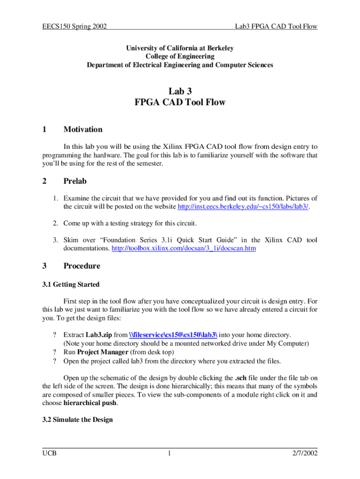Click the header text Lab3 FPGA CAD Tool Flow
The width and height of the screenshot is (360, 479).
[276, 27]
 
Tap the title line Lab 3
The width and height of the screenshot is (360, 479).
[180, 91]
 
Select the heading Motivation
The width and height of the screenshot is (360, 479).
[83, 130]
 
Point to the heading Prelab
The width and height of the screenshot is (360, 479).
[75, 181]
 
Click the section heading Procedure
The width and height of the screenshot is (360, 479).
[82, 266]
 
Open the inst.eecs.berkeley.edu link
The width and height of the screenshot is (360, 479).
[243, 207]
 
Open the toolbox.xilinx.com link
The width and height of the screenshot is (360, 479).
[184, 249]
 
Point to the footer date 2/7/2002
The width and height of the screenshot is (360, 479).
[304, 454]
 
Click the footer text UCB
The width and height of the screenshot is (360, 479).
[49, 454]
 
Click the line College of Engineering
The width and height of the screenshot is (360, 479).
[180, 57]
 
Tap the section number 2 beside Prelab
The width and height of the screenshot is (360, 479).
[44, 181]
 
